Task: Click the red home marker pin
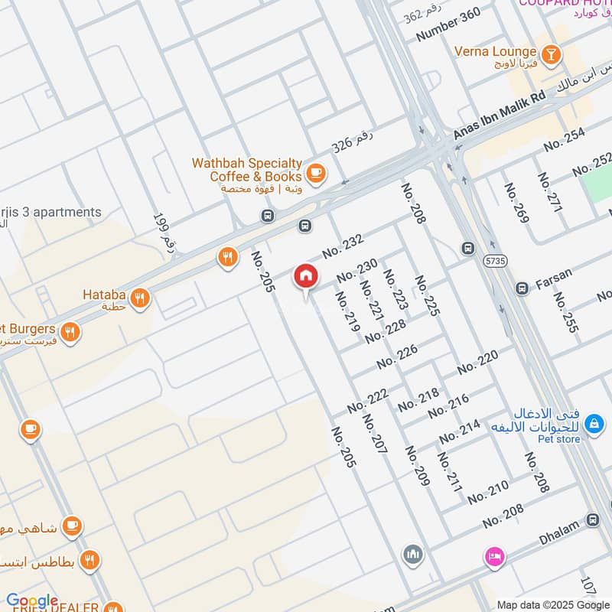(305, 276)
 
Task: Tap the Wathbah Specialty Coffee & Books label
(246, 170)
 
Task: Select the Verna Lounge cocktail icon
(550, 53)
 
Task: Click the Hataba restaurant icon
(139, 298)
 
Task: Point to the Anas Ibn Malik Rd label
(499, 114)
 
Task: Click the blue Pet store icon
(593, 422)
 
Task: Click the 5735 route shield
(495, 262)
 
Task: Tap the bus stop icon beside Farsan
(522, 288)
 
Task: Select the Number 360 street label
(448, 25)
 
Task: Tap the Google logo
(31, 601)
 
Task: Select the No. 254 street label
(565, 138)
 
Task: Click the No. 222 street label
(368, 401)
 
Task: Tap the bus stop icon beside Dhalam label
(592, 519)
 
